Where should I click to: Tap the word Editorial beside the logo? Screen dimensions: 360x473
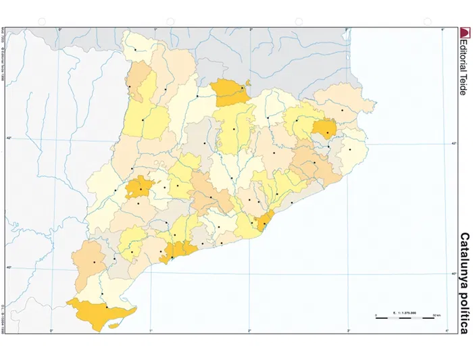pos(463,54)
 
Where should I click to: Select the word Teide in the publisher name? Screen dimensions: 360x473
pos(463,84)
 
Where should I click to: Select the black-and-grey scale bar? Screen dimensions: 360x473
pos(403,317)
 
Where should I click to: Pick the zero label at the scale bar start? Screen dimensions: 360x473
pos(376,315)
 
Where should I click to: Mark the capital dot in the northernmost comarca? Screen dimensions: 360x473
pos(135,49)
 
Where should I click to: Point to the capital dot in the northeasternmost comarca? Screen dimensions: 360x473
pos(343,110)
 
